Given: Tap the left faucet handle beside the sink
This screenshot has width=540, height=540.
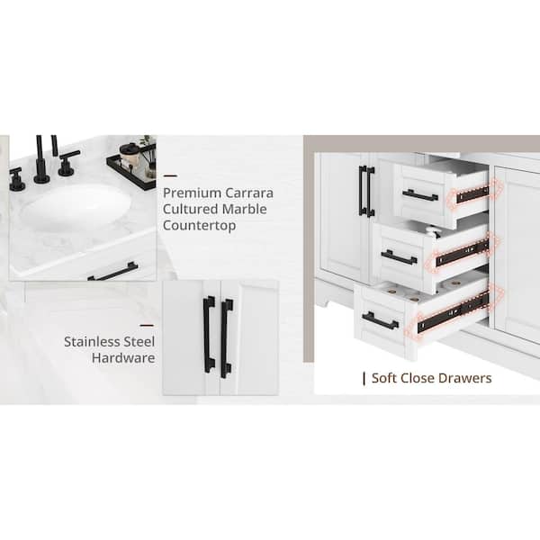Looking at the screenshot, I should [x=16, y=179].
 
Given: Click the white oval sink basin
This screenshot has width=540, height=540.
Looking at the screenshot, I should [x=76, y=207].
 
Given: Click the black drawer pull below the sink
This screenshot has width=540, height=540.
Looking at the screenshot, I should [x=112, y=272].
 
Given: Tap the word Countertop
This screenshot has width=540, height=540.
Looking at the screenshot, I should [x=199, y=225].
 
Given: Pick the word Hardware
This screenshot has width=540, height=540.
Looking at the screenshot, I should [x=123, y=357].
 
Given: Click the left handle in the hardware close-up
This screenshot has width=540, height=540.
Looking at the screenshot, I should [x=209, y=334].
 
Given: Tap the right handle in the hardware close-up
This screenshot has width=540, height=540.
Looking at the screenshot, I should [x=227, y=337].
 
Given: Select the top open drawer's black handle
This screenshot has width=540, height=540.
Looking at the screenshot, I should [x=419, y=195].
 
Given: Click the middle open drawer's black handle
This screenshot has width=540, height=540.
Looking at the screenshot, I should [x=399, y=257].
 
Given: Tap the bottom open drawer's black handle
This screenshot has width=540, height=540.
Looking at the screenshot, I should [x=380, y=320].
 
